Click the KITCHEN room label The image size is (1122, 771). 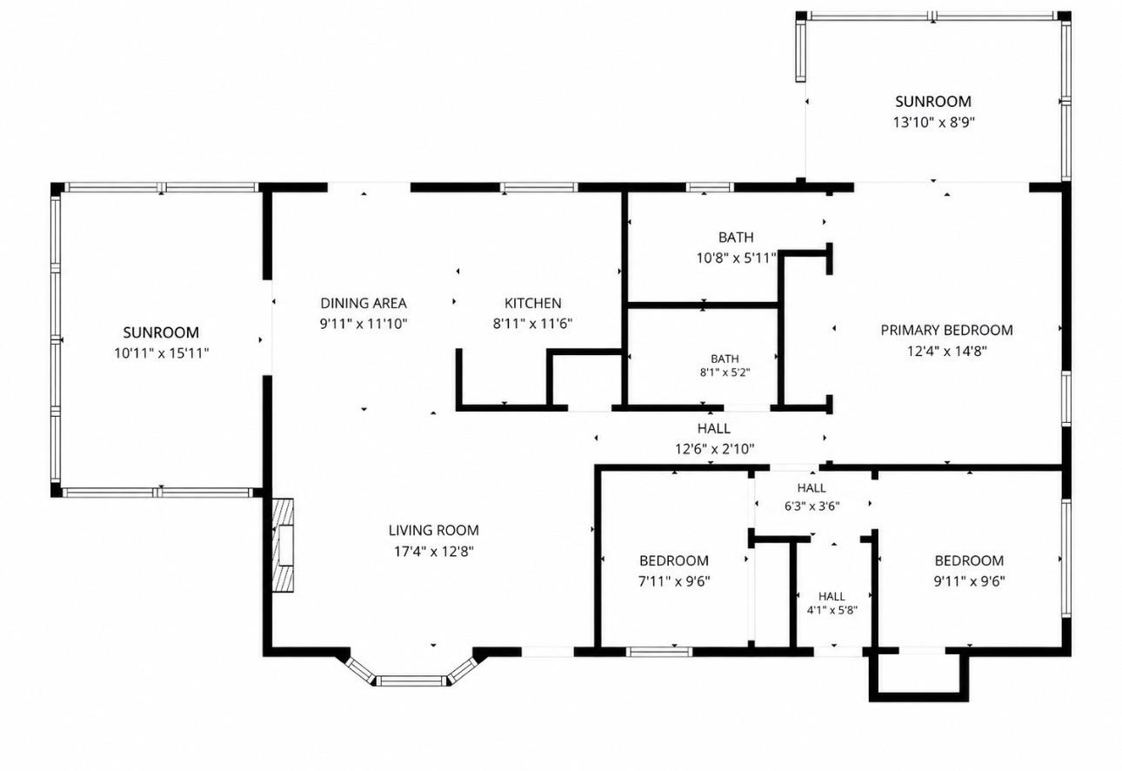[532, 304]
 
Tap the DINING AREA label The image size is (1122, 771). [364, 304]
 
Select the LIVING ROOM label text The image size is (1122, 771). [433, 530]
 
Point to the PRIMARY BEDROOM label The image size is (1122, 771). [946, 331]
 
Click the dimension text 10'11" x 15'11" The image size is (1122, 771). [161, 353]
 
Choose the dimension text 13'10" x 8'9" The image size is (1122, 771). [933, 123]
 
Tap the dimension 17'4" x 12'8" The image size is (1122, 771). [433, 552]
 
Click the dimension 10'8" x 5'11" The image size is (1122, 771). [737, 258]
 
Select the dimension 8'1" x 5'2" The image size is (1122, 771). [725, 372]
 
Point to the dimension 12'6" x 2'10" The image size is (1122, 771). [714, 449]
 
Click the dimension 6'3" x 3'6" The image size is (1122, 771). [812, 506]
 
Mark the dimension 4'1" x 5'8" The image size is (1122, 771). [832, 611]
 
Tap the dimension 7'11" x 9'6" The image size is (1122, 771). [674, 581]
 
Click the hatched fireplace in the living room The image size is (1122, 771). [283, 545]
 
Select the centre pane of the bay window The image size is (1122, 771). [411, 680]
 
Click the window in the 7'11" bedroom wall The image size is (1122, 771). [659, 652]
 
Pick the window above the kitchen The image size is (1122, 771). [539, 187]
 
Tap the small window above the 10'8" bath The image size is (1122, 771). [709, 187]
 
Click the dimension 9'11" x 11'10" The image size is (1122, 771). [364, 324]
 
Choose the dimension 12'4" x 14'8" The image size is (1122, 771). [946, 352]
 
